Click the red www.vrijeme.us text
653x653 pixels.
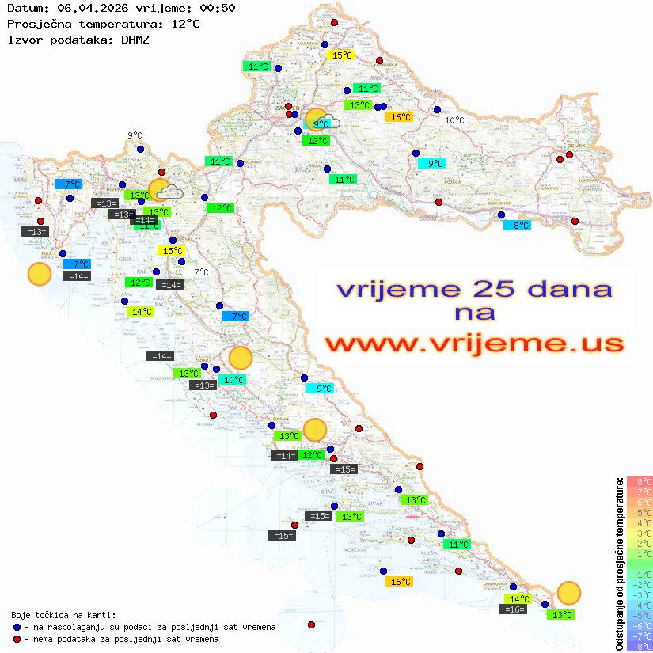coord(473,343)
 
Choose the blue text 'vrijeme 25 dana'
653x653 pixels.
coord(473,289)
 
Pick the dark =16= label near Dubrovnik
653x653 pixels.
coord(514,609)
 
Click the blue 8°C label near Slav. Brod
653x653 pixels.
coord(518,226)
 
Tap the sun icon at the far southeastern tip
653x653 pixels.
coord(568,592)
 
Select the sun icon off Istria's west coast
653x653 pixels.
coord(40,275)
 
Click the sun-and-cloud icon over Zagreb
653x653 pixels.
coord(320,120)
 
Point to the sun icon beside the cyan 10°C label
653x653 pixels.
coord(240,359)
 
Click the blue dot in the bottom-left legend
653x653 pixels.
coord(17,627)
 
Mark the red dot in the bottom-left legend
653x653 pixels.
coord(17,639)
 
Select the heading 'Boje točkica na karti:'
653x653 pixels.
coord(63,615)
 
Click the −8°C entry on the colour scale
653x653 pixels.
coord(640,647)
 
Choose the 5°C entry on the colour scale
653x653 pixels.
coord(640,512)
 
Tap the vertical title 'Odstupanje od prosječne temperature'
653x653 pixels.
coord(619,564)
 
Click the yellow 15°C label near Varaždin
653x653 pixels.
coord(341,55)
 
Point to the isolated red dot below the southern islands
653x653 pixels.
coord(312,625)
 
